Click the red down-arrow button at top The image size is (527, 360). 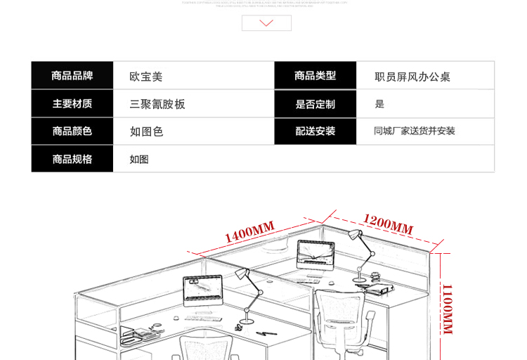coord(266,23)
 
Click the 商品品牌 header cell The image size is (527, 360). coord(72,76)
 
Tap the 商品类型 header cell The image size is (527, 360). coord(315,76)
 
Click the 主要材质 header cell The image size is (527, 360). coord(72,103)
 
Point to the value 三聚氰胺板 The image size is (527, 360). coord(157,104)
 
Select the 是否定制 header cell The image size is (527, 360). coord(315,104)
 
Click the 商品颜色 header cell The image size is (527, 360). coord(72,131)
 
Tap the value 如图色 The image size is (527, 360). coord(146,131)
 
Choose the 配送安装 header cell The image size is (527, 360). coord(315,131)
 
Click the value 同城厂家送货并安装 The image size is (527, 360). coord(415,131)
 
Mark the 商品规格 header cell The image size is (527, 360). coord(72,159)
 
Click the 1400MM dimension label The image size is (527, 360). coord(249,231)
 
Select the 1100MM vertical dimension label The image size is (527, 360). coord(447,309)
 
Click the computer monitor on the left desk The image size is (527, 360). coord(202,290)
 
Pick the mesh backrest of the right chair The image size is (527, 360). coord(341,309)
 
